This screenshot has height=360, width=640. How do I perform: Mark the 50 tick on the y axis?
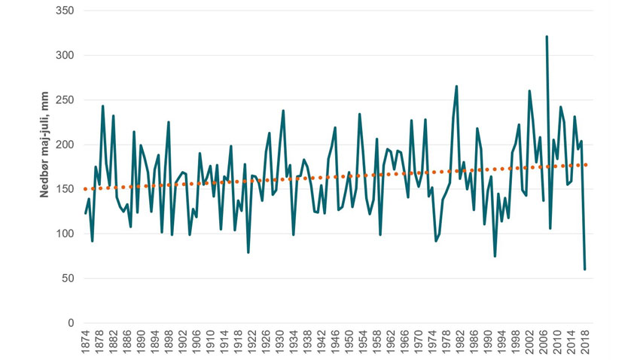point(68,279)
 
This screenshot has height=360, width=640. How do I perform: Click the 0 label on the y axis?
point(71,323)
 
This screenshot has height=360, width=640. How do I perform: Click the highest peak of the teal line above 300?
point(547,36)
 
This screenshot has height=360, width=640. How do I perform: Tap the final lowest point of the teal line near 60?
point(585,269)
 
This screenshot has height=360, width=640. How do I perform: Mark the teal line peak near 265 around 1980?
point(456,87)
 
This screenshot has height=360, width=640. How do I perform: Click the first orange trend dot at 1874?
point(86,189)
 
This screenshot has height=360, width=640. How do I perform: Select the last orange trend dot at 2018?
point(585,165)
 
